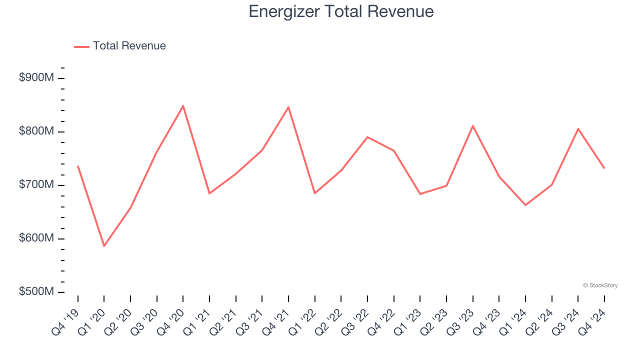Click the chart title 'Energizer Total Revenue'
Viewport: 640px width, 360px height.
[x=341, y=11]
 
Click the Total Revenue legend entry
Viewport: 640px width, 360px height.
[x=120, y=46]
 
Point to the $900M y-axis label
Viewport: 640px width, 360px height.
[x=36, y=78]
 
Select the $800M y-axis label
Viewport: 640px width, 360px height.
[x=36, y=131]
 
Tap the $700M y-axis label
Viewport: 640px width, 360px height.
[x=36, y=185]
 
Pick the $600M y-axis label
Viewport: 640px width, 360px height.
[x=36, y=238]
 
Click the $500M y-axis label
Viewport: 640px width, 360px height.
[x=36, y=292]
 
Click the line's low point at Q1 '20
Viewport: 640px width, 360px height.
[x=104, y=246]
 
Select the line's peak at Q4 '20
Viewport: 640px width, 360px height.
[x=183, y=105]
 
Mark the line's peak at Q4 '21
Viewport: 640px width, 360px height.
[x=288, y=107]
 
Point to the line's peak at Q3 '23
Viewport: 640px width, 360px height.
[x=472, y=125]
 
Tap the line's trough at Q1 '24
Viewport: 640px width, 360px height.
[x=525, y=205]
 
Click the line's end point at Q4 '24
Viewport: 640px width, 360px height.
[x=604, y=168]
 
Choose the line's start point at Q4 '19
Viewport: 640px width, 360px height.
[x=78, y=166]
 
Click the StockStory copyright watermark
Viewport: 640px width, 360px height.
[x=600, y=285]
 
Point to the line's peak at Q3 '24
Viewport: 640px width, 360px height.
[x=578, y=128]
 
